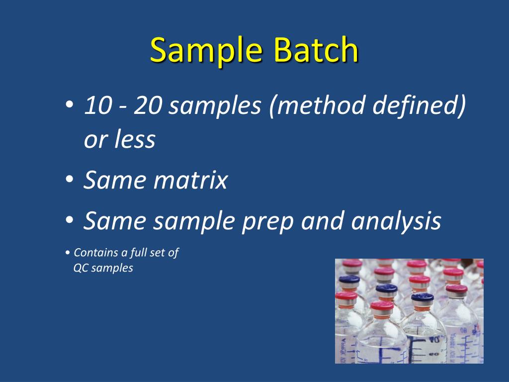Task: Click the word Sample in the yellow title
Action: click(206, 50)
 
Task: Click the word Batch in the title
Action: click(316, 49)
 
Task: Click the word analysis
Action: click(396, 221)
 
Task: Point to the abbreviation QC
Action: click(81, 268)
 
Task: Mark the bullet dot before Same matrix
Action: click(69, 179)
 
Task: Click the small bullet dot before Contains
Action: click(67, 253)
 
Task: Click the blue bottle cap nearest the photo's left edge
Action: click(349, 279)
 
